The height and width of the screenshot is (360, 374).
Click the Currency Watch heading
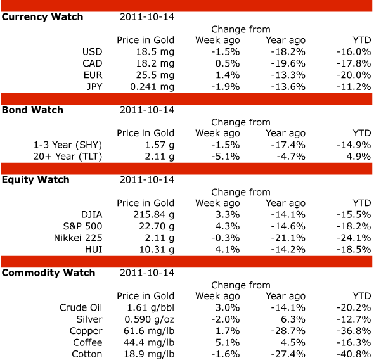[x=42, y=17]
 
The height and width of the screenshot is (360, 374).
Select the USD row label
[x=93, y=52]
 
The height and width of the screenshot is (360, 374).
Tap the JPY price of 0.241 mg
[x=152, y=87]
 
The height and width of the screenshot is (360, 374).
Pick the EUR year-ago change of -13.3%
[x=288, y=75]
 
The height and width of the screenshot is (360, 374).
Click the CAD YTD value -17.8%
[x=354, y=63]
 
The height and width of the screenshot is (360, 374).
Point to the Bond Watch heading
[x=32, y=110]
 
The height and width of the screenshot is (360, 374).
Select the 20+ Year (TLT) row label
[x=67, y=157]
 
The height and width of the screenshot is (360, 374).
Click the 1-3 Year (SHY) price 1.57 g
[x=160, y=145]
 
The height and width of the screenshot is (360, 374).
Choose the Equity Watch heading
[x=35, y=180]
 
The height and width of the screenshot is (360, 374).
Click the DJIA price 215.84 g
[x=154, y=215]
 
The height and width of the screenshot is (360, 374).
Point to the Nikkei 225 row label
[x=78, y=238]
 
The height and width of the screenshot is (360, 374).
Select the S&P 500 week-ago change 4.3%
[x=228, y=226]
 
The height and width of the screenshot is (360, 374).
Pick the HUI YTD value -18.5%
[x=354, y=250]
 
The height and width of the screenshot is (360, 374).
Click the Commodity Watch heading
[x=48, y=273]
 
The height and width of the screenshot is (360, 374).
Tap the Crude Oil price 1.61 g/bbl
[x=150, y=308]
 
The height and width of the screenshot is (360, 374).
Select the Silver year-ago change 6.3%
[x=293, y=319]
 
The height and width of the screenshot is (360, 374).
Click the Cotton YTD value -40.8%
[x=354, y=354]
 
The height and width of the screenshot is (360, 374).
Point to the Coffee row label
[x=87, y=343]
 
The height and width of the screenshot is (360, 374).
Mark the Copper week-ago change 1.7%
[x=228, y=331]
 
